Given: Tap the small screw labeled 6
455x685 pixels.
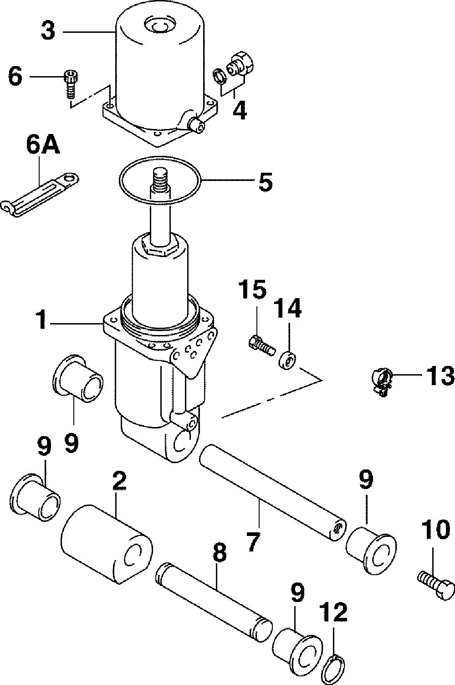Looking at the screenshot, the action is (x=71, y=84).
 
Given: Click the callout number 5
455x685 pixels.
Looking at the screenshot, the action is (x=265, y=181).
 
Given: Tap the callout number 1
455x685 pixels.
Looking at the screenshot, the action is (x=41, y=319).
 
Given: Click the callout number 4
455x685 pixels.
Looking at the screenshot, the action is (x=240, y=110).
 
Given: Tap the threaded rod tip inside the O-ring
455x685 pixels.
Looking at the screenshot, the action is (x=160, y=177).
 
